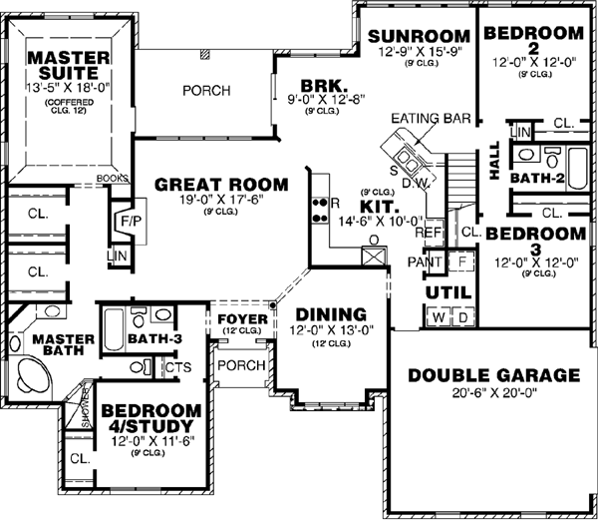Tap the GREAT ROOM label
221,185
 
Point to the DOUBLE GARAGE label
493,376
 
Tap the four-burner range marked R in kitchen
322,207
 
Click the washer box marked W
438,317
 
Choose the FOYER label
242,319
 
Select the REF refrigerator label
428,233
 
